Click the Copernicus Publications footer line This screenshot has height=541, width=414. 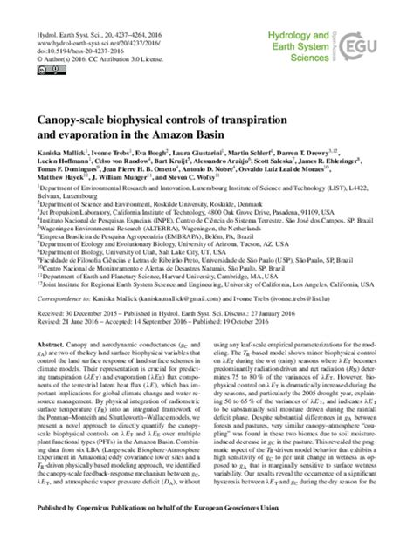coord(207,531)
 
